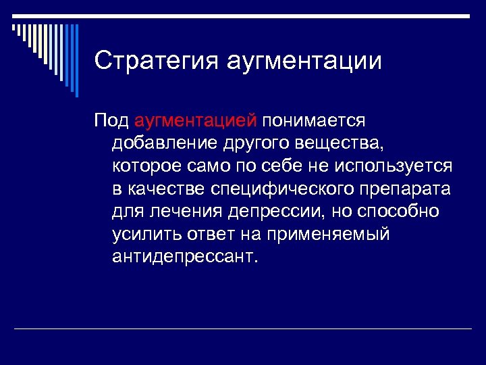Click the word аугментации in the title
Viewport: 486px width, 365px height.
(x=304, y=61)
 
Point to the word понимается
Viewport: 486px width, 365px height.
(x=314, y=120)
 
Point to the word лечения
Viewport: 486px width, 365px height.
(x=184, y=212)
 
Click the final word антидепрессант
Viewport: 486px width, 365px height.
(x=185, y=258)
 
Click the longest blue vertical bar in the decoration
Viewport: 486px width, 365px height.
(x=76, y=61)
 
